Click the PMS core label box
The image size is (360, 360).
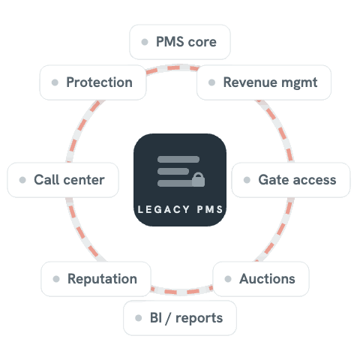pyautogui.click(x=180, y=42)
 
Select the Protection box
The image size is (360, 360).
pyautogui.click(x=93, y=82)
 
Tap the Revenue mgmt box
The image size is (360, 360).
pyautogui.click(x=264, y=82)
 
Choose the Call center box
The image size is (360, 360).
pyautogui.click(x=63, y=180)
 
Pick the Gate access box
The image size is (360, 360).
pyautogui.click(x=291, y=180)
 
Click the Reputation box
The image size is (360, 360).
pyautogui.click(x=96, y=279)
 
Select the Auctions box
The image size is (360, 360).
pyautogui.click(x=261, y=279)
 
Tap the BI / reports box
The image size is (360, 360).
pyautogui.click(x=180, y=318)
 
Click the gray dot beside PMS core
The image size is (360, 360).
pyautogui.click(x=145, y=42)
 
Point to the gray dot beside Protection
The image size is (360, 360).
pyautogui.click(x=55, y=82)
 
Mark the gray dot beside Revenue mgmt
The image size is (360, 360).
pyautogui.click(x=211, y=82)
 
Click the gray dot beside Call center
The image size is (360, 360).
pyautogui.click(x=22, y=180)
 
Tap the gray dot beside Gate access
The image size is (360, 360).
pyautogui.click(x=247, y=180)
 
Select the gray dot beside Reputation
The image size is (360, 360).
pyautogui.click(x=56, y=279)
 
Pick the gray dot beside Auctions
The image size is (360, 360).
pyautogui.click(x=228, y=279)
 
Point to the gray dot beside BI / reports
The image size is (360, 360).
pyautogui.click(x=139, y=318)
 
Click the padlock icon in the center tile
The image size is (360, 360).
pyautogui.click(x=199, y=179)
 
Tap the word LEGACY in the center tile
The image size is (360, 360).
pyautogui.click(x=163, y=209)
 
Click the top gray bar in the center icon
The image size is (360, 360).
pyautogui.click(x=178, y=159)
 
